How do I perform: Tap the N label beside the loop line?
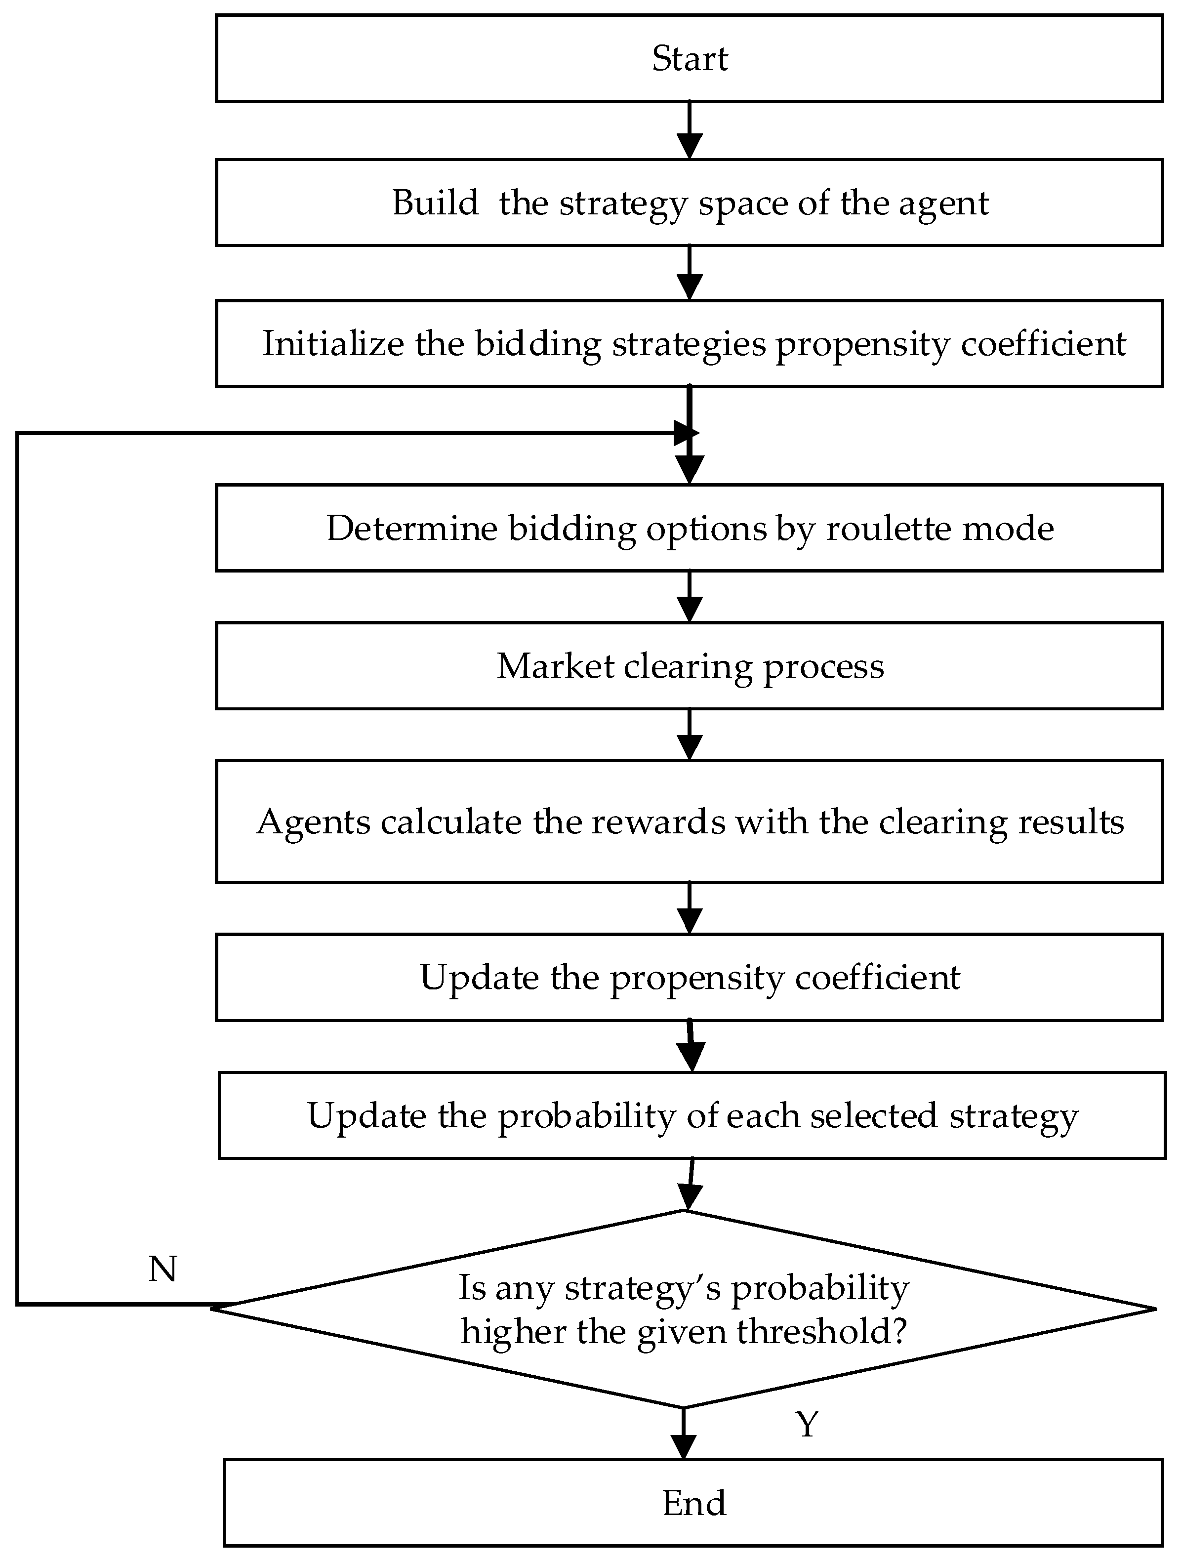(163, 1269)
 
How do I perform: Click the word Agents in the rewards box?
(314, 821)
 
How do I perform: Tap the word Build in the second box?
(435, 203)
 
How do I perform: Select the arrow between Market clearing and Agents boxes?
(689, 734)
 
